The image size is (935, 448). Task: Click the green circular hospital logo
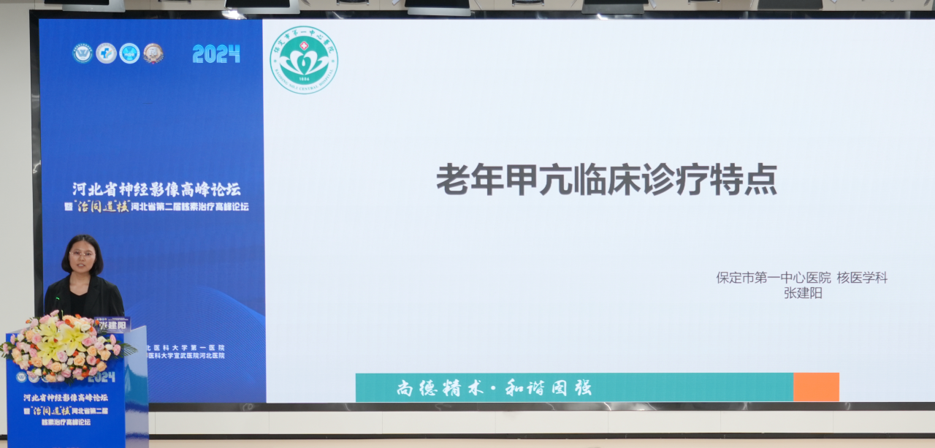coord(304,60)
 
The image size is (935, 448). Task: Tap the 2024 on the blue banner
coord(216,53)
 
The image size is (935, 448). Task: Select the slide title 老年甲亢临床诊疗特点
coord(606,180)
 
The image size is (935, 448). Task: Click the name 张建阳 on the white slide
coord(803,293)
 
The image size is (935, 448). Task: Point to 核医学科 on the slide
coord(862,278)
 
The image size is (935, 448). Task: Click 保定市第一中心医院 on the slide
coord(774,278)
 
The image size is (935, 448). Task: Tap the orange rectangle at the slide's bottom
coord(816,387)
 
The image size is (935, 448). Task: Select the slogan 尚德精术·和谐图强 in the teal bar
coord(494,387)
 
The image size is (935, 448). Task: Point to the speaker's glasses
coord(82,254)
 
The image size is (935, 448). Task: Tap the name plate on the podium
coord(112,324)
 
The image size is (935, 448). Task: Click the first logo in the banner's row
coord(83,53)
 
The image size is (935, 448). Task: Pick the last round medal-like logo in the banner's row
coord(153,53)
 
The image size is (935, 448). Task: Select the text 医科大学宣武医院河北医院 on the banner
coord(186,356)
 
